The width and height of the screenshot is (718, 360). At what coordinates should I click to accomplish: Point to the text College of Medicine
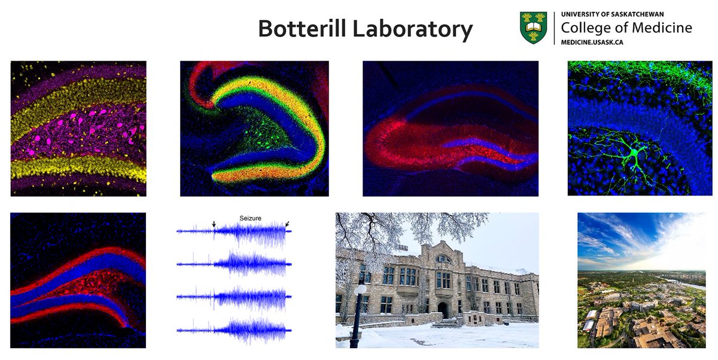click(626, 28)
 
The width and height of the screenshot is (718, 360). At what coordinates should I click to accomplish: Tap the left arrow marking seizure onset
click(213, 224)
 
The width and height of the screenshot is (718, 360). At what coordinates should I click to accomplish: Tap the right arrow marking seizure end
click(288, 224)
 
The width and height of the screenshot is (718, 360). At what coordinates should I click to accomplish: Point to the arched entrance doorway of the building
click(443, 310)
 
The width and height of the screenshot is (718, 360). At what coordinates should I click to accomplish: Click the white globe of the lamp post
click(360, 289)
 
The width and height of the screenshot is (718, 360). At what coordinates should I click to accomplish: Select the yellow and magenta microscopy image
click(78, 129)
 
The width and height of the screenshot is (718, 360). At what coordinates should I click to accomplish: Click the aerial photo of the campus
click(641, 280)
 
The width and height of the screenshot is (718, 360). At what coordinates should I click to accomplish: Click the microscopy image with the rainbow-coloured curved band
click(254, 129)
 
